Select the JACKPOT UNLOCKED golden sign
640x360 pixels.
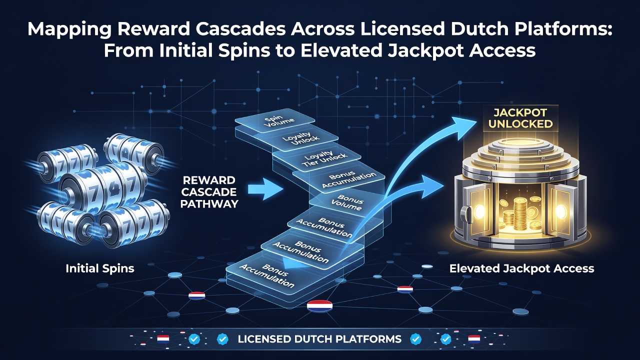(x=520, y=118)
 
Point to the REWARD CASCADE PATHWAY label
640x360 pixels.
(x=209, y=192)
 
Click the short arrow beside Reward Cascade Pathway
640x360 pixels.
(x=265, y=189)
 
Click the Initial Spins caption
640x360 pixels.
(x=100, y=268)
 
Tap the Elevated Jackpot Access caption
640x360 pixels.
(x=521, y=269)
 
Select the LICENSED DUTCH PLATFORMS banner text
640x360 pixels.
(x=319, y=339)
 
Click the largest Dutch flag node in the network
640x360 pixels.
(x=319, y=306)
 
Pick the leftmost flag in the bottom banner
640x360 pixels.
(x=163, y=339)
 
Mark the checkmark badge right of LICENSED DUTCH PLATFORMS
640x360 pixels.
(x=415, y=339)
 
